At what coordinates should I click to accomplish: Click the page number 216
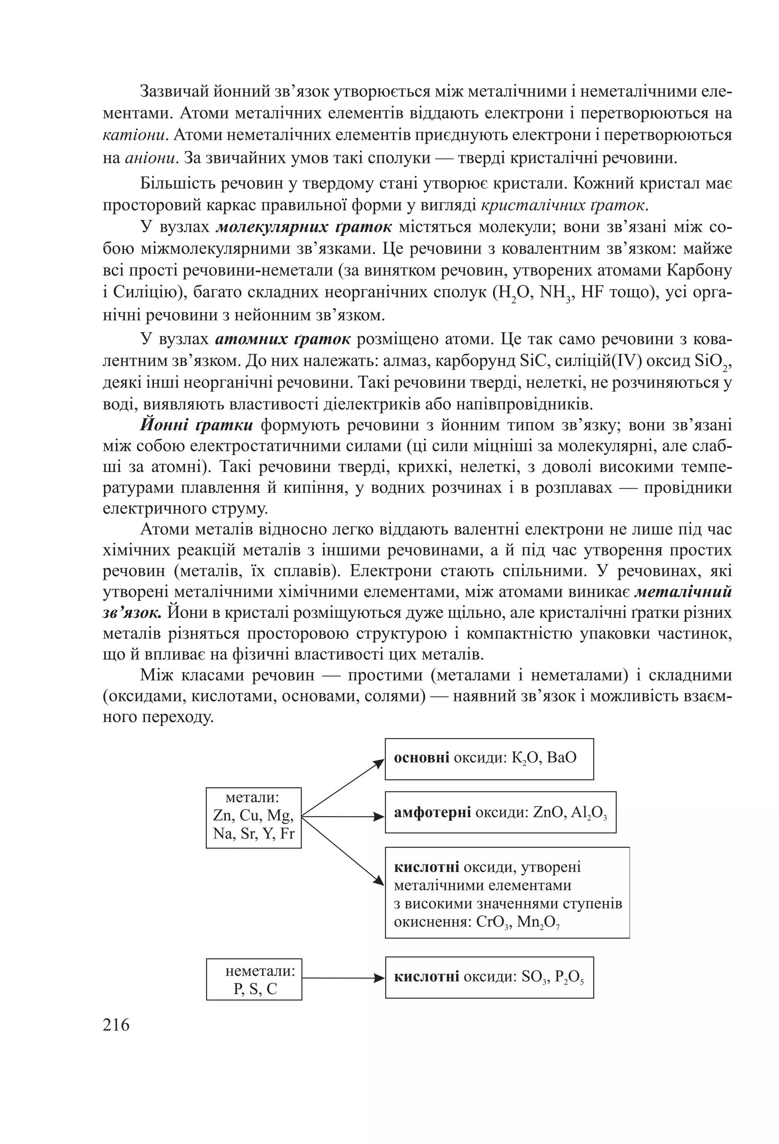click(116, 1025)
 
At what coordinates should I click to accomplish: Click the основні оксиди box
click(489, 759)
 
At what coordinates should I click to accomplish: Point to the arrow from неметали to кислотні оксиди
click(343, 978)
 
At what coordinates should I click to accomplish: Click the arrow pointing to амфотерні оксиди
click(343, 817)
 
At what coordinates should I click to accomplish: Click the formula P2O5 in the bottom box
click(569, 977)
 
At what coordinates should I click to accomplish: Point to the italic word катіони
click(136, 135)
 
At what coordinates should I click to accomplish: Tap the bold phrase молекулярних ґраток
click(304, 227)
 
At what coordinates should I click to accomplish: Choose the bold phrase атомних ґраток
click(283, 339)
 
